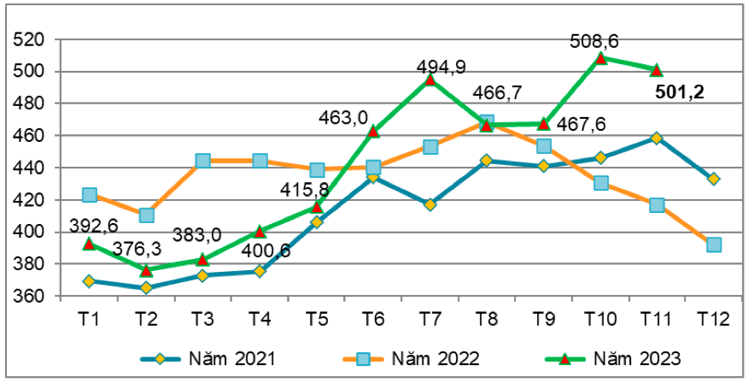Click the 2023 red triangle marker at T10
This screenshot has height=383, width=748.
(x=600, y=58)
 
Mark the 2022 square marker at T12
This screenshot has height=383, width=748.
(x=714, y=245)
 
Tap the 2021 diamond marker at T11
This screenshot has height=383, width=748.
(x=657, y=138)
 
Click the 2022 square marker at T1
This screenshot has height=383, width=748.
(x=89, y=195)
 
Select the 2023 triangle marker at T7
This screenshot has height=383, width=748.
(x=430, y=80)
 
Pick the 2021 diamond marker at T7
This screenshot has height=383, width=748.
(x=430, y=205)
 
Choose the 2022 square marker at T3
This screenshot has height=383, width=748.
(x=202, y=161)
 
